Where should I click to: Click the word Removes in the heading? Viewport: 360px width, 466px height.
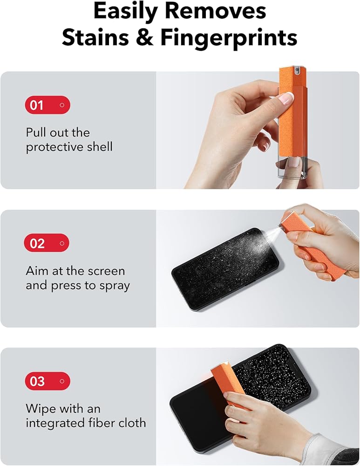[x=215, y=11]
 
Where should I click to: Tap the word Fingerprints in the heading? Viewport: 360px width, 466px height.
[x=229, y=38]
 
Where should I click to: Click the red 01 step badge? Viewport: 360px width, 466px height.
[x=48, y=105]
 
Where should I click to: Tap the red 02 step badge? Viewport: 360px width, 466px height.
[x=47, y=243]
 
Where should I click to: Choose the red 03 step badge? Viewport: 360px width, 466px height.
[x=48, y=381]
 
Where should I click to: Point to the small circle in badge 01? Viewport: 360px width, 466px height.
[x=62, y=105]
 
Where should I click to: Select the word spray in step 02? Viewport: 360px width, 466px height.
[x=115, y=286]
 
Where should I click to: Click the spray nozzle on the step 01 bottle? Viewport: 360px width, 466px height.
[x=296, y=71]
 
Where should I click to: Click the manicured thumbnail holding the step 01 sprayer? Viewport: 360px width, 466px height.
[x=286, y=98]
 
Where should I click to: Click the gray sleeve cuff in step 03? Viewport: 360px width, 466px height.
[x=324, y=449]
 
